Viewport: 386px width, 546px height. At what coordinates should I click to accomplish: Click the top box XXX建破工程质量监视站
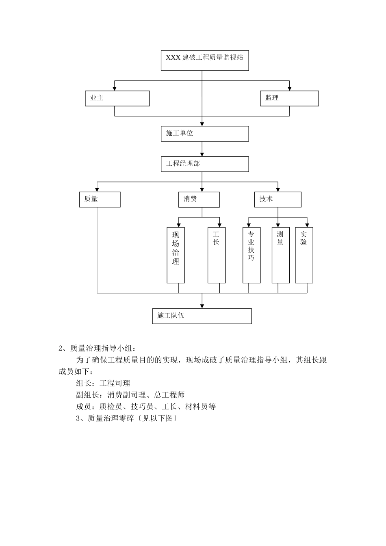(x=205, y=61)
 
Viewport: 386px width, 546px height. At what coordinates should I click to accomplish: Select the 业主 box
(x=117, y=98)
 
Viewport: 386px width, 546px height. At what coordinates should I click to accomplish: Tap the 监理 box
(x=289, y=98)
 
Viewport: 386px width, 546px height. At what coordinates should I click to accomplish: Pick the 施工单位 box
(x=205, y=134)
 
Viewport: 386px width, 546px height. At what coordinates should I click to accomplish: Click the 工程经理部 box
(x=205, y=164)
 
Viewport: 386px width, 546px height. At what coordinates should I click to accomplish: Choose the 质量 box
(x=100, y=199)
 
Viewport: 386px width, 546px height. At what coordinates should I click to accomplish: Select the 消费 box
(x=199, y=199)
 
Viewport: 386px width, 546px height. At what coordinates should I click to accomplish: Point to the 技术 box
(x=278, y=199)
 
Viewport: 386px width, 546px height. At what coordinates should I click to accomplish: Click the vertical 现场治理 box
(x=176, y=255)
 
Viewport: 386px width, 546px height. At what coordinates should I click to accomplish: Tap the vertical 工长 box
(x=217, y=255)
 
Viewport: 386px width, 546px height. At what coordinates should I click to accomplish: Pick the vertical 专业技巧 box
(x=252, y=255)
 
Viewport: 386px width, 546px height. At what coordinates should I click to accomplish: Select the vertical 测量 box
(x=280, y=255)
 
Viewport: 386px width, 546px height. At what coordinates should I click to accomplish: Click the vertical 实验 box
(x=304, y=255)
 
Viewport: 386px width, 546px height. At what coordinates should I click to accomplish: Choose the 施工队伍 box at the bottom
(x=202, y=316)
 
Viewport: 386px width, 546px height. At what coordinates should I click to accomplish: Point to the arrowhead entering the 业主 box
(x=115, y=88)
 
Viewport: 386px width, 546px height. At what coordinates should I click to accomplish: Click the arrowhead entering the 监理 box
(x=290, y=88)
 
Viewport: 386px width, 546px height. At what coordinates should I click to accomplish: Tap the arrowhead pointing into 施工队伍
(x=202, y=306)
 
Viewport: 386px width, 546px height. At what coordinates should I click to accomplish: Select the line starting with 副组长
(x=130, y=395)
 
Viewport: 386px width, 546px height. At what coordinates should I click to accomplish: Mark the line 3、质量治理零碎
(x=127, y=418)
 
